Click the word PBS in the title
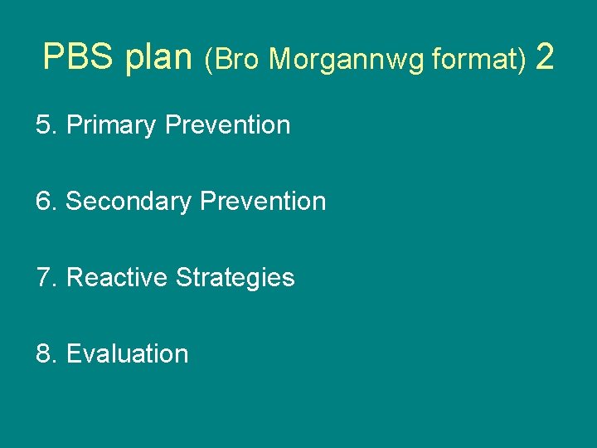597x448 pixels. [79, 57]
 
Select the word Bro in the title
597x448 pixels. [237, 59]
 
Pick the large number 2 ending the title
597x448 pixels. [545, 57]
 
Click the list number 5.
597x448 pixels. [44, 125]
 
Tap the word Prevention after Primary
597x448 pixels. [228, 125]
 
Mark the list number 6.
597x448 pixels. [44, 202]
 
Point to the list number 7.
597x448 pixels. [44, 277]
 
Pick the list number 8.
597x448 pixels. [44, 353]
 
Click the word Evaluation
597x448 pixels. [127, 353]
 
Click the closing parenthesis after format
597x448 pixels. [522, 60]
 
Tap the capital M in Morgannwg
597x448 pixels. [279, 59]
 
